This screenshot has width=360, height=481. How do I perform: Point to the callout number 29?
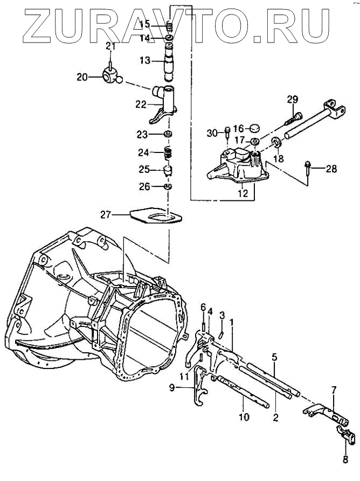coord(292,99)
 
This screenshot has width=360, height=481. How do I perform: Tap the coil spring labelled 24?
coord(168,152)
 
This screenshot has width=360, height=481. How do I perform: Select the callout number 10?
coord(243,417)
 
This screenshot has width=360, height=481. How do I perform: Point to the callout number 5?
coord(274,357)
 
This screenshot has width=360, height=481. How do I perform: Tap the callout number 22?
coord(141,104)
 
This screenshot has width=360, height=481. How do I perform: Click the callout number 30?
coord(211,133)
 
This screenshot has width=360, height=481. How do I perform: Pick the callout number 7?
coord(334,389)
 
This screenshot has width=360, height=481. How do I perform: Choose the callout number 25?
coord(144,170)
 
